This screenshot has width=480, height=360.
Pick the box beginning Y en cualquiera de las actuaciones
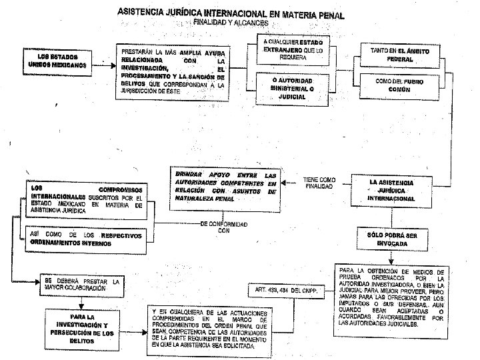209,330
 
